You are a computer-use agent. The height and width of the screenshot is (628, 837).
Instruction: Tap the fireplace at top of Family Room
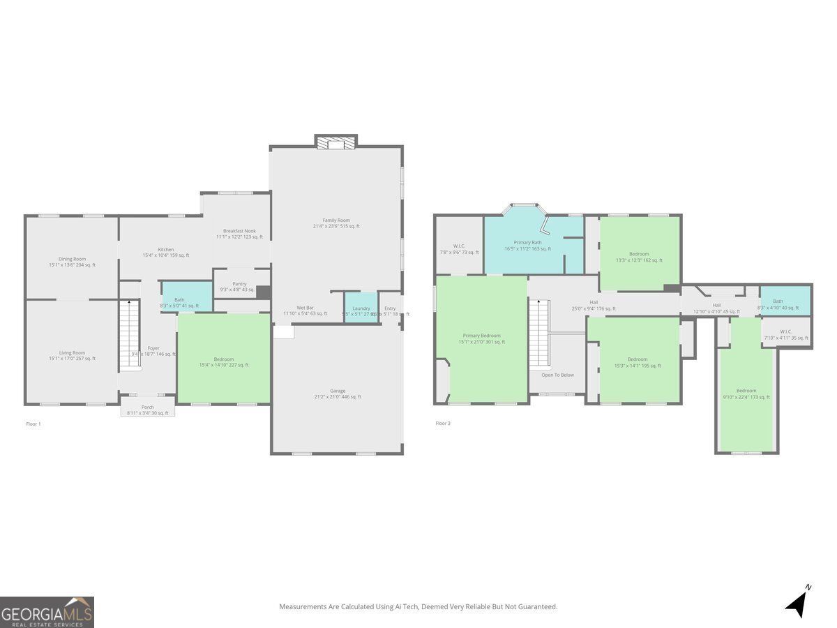click(x=336, y=142)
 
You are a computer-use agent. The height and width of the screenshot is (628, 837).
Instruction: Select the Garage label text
click(x=338, y=391)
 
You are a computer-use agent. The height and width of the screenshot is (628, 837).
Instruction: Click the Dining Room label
click(x=72, y=259)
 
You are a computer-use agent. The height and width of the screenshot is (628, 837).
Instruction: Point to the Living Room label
click(x=72, y=353)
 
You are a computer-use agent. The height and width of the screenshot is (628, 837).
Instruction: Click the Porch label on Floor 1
click(x=148, y=408)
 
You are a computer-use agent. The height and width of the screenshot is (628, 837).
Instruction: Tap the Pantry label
click(x=239, y=284)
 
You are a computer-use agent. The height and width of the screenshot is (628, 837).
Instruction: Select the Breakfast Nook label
click(x=239, y=231)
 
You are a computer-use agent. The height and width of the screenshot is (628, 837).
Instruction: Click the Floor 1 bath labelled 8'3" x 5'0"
click(x=180, y=299)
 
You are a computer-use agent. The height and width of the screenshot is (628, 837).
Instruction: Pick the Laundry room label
click(x=361, y=308)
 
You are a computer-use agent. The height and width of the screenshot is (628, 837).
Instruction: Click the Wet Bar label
click(x=305, y=308)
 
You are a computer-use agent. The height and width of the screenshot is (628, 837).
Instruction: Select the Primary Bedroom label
click(x=481, y=336)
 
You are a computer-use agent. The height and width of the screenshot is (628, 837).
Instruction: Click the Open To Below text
click(x=558, y=375)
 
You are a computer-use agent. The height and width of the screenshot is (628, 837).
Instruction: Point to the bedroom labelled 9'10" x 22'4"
click(x=746, y=391)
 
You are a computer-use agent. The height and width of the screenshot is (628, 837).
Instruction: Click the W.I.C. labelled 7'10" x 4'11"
click(x=786, y=331)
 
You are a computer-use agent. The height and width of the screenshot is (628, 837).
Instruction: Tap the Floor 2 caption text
click(x=443, y=424)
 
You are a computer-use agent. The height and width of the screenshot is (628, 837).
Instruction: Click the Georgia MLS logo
click(x=47, y=612)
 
